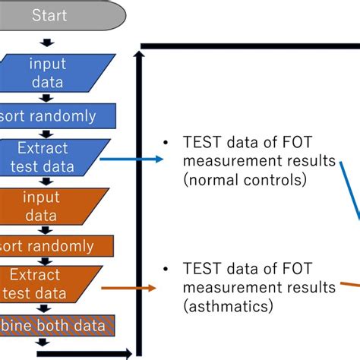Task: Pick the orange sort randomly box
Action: point(53,246)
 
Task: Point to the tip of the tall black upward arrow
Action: point(139,54)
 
